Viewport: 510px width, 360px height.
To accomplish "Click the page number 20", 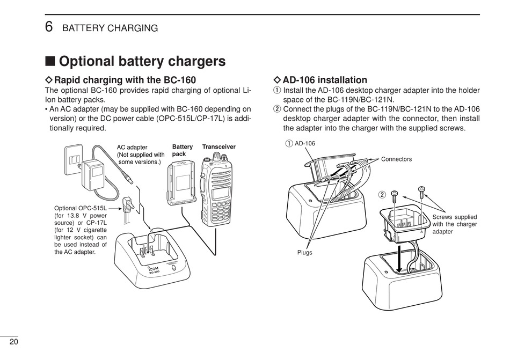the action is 14,342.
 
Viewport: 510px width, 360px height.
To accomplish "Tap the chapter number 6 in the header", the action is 49,27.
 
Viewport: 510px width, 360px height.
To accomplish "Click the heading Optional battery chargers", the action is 142,61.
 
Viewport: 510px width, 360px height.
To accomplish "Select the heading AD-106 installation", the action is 325,80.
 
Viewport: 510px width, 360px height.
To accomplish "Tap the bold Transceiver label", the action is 219,147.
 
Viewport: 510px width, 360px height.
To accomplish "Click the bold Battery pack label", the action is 182,150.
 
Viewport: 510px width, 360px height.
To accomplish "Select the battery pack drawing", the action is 181,183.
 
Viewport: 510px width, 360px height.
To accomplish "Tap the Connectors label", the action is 397,159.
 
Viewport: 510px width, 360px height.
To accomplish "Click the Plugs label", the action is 305,253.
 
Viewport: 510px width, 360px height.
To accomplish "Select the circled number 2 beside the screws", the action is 382,195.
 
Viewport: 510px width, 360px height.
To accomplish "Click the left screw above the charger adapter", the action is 394,196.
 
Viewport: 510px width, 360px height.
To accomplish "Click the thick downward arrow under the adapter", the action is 399,258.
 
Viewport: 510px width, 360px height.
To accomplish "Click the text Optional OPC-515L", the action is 81,208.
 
